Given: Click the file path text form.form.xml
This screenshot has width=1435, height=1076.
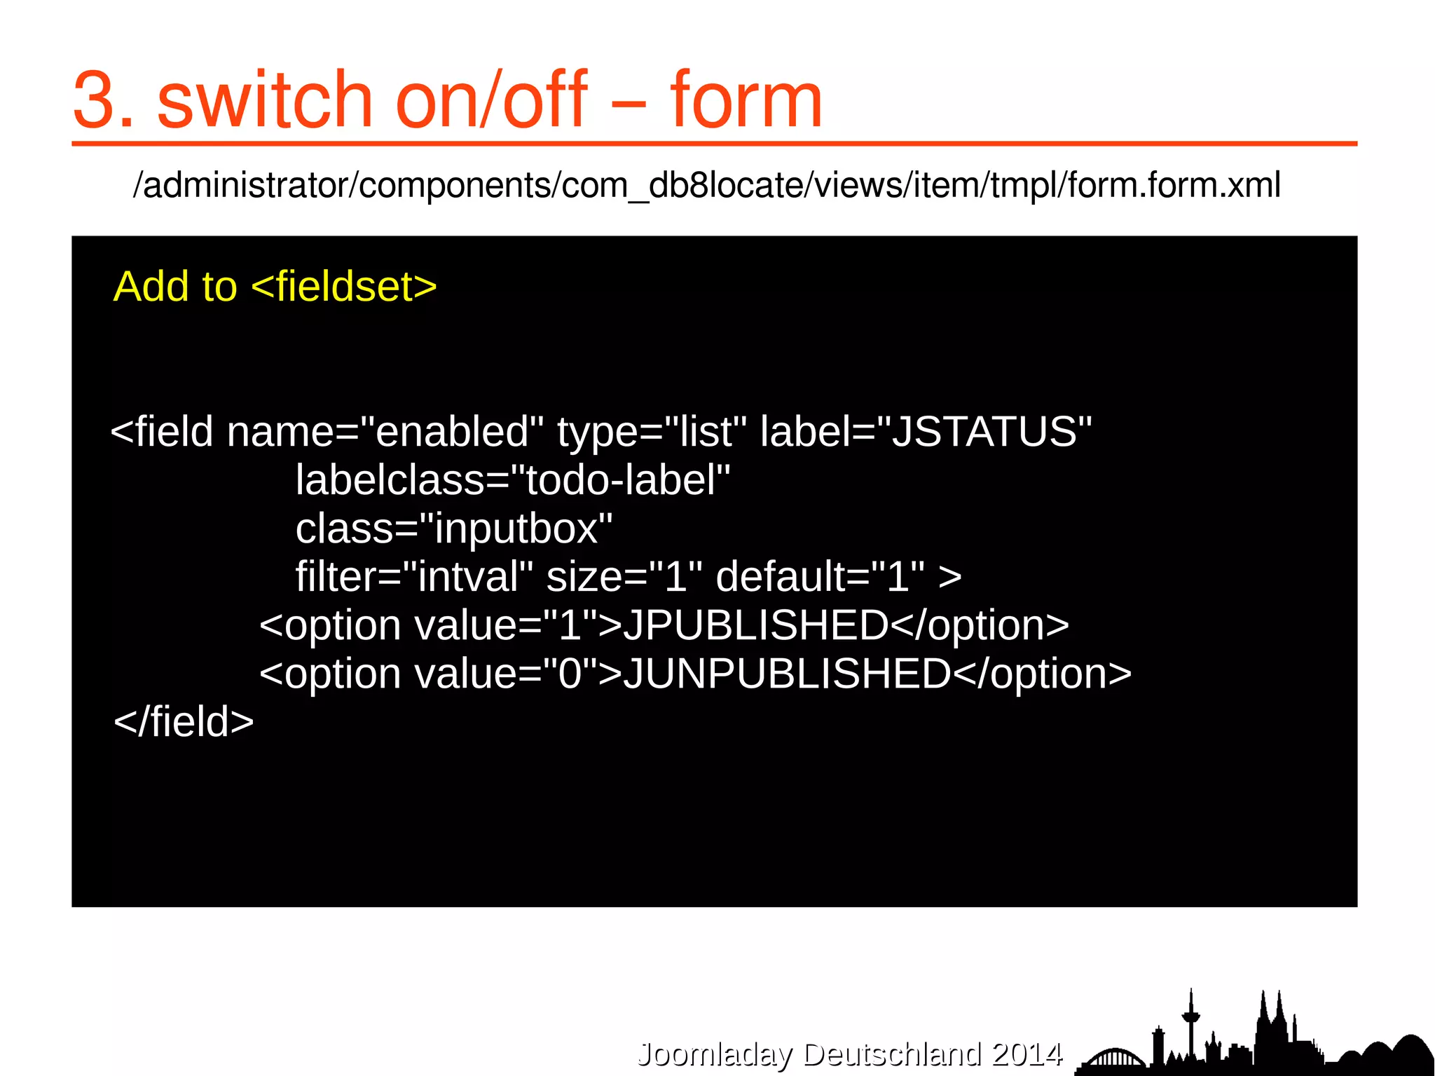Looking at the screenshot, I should tap(1174, 185).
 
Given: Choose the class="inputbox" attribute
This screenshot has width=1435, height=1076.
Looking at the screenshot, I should tap(454, 529).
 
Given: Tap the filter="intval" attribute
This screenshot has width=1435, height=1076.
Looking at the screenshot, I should tap(414, 577).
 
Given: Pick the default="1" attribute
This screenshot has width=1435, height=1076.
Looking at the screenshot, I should tap(820, 577).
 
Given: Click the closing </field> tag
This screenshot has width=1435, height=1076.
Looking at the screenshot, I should tap(184, 722).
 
